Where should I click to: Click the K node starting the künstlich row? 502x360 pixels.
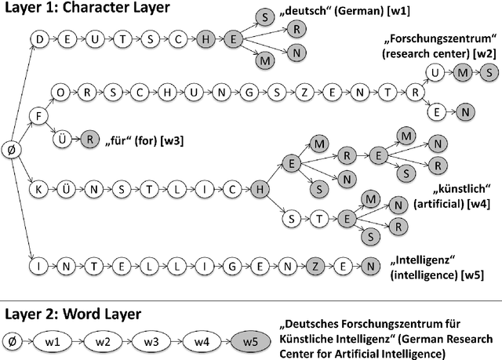[37, 189]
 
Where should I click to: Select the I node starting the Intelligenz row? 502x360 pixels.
[37, 266]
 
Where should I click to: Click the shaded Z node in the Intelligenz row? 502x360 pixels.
[314, 266]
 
